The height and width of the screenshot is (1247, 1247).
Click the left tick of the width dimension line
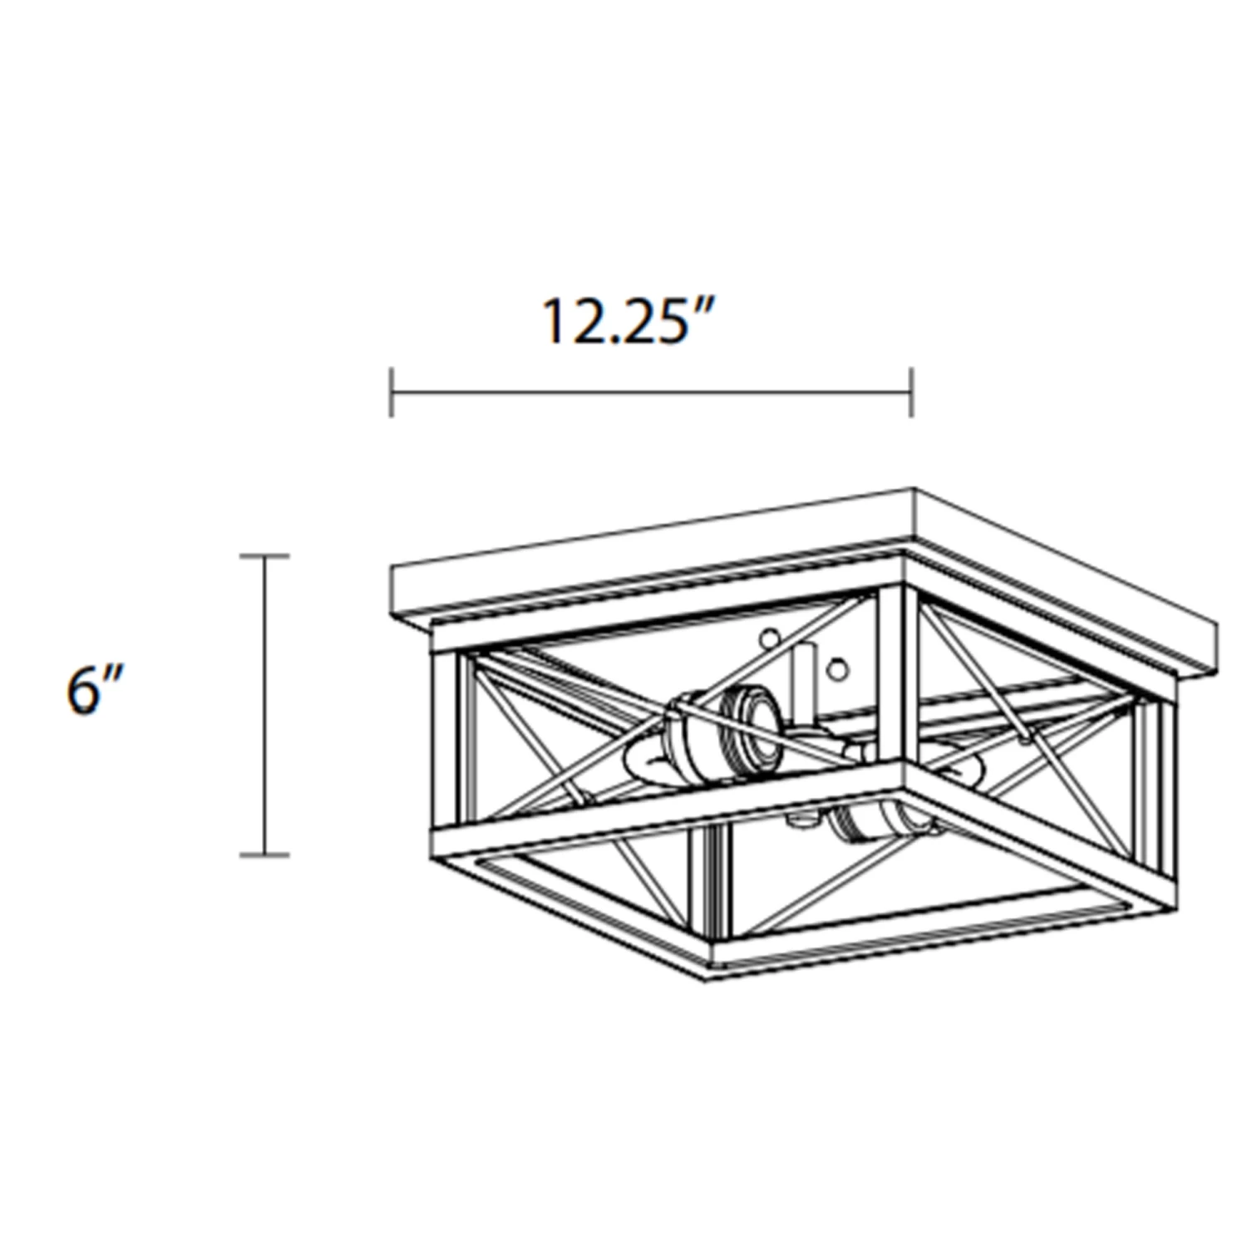[392, 392]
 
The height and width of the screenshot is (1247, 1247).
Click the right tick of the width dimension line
[912, 392]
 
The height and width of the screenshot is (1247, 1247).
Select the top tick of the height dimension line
[264, 556]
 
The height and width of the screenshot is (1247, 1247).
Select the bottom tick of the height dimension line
[264, 854]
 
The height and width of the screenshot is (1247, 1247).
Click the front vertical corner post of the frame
[901, 673]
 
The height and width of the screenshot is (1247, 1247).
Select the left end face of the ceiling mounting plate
[397, 592]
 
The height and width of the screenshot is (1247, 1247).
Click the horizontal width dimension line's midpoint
[652, 392]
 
